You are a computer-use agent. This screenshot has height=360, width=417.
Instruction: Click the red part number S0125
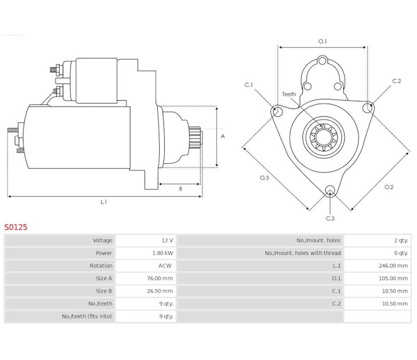click(x=16, y=227)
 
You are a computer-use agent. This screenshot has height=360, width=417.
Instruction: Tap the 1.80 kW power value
click(x=163, y=253)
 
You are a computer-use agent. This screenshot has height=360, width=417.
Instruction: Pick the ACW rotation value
click(x=165, y=265)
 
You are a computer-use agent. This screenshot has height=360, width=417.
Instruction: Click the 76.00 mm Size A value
click(x=160, y=279)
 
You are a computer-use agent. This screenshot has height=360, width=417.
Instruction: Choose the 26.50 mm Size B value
click(x=160, y=291)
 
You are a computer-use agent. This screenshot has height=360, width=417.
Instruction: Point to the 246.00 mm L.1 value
click(x=393, y=265)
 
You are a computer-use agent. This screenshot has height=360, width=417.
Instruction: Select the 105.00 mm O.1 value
click(x=393, y=279)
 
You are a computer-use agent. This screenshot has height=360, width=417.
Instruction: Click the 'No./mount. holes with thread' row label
click(x=302, y=253)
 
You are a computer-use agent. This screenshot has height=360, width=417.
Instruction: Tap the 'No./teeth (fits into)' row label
click(x=87, y=316)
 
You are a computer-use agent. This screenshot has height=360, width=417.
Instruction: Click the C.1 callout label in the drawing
click(x=249, y=85)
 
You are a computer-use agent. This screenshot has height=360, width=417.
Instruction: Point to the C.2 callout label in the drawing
click(x=397, y=81)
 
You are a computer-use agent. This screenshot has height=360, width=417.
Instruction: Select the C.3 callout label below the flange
click(x=330, y=218)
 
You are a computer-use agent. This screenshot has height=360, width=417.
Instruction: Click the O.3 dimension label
click(x=264, y=178)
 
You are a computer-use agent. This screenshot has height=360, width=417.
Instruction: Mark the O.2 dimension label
click(x=389, y=187)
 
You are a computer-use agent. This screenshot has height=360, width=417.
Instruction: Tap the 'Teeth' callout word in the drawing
click(x=289, y=94)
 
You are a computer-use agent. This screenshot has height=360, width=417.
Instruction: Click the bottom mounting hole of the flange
click(x=329, y=190)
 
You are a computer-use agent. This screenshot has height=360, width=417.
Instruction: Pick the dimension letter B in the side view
click(x=181, y=189)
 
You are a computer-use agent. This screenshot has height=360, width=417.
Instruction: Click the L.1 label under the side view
click(x=104, y=202)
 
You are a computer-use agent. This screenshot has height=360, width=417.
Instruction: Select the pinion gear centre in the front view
click(x=324, y=137)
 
